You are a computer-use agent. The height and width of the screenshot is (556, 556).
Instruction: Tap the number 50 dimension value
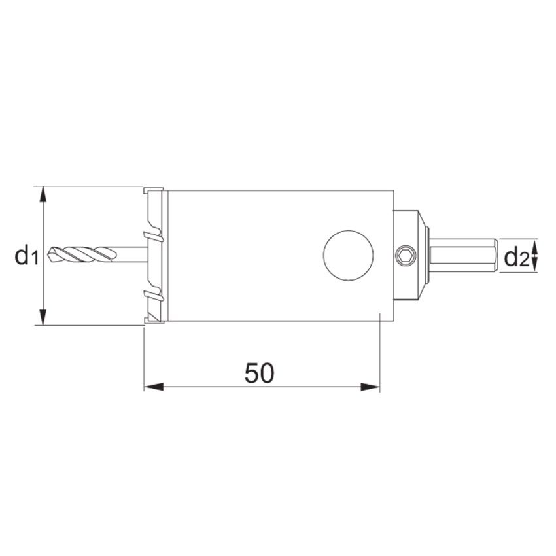pos(259,373)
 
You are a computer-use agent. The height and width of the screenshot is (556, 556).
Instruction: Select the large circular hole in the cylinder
pos(348,255)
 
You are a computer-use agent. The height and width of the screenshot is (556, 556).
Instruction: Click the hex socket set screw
pos(406,255)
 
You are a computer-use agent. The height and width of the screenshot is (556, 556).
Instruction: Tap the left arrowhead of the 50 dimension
pos(154,387)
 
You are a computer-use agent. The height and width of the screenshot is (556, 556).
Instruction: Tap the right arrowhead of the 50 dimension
pos(370,387)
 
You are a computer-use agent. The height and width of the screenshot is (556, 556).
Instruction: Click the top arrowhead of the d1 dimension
pos(43,195)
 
